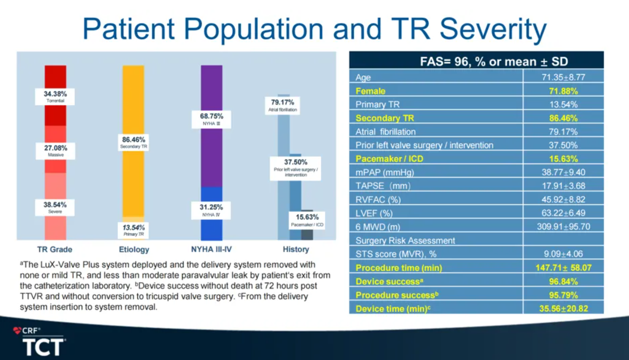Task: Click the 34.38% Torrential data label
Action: tap(55, 96)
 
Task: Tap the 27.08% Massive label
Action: tap(55, 150)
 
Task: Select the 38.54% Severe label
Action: tap(55, 207)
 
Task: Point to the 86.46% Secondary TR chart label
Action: tap(133, 142)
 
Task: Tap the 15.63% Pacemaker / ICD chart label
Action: tap(307, 220)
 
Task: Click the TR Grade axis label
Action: tap(55, 249)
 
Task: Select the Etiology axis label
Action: tap(134, 249)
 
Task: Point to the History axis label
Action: tap(296, 249)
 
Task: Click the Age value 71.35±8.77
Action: tap(563, 77)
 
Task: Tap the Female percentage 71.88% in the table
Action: tap(563, 91)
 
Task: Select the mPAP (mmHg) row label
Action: tap(385, 172)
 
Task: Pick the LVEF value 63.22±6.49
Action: tap(563, 213)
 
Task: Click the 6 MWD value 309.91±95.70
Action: tap(563, 227)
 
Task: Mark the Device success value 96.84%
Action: tap(563, 281)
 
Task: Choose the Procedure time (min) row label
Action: tap(398, 268)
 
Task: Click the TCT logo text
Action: tap(43, 347)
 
